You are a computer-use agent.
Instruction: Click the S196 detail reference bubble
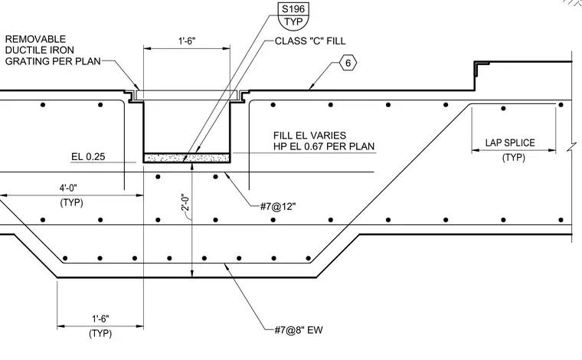(x=293, y=15)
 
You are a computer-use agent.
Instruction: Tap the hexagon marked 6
(x=348, y=63)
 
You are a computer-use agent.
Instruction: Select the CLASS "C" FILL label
(x=310, y=41)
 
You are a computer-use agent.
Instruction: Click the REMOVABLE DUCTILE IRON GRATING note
(x=53, y=50)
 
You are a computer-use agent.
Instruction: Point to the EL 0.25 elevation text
(x=88, y=156)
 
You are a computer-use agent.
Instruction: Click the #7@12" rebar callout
(x=278, y=206)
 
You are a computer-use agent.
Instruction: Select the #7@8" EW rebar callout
(x=299, y=329)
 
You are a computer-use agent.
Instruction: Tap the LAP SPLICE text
(x=510, y=143)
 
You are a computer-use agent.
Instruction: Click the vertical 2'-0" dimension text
(x=185, y=203)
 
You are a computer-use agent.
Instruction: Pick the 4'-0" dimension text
(x=68, y=188)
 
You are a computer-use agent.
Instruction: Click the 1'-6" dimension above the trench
(x=187, y=41)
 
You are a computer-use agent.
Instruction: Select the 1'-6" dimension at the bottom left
(x=100, y=319)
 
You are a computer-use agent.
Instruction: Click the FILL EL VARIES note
(x=310, y=136)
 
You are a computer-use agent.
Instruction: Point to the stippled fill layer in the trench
(x=187, y=158)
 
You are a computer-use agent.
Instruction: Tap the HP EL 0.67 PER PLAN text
(x=324, y=146)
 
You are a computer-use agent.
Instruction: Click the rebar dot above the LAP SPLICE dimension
(x=503, y=108)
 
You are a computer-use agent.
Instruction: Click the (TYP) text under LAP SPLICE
(x=514, y=158)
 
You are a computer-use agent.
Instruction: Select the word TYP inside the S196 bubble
(x=293, y=22)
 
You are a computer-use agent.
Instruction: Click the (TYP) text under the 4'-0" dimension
(x=72, y=203)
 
